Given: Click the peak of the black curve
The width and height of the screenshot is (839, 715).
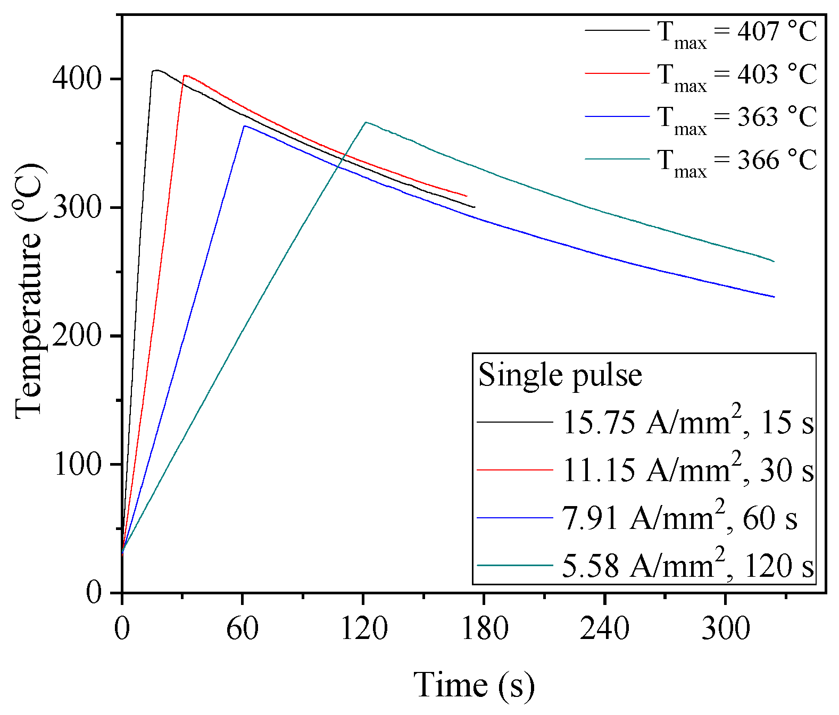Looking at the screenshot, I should pos(155,70).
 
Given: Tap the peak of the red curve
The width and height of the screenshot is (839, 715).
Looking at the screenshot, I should pos(185,75).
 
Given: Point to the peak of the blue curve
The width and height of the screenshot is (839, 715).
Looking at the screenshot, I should pos(244,126).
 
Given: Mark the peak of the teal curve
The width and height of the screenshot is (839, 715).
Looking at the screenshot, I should pos(365,122).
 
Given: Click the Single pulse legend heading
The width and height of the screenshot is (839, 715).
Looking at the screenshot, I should pos(560,375).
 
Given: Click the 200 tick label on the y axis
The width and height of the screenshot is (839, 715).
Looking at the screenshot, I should pos(77,336).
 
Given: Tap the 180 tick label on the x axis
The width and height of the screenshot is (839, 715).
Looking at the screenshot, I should pos(484,628).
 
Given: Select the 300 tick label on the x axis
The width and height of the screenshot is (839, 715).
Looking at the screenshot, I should pos(725,628).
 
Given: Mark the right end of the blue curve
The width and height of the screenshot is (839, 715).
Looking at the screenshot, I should pos(774,297).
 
